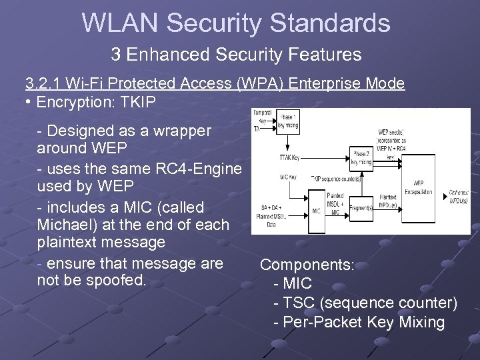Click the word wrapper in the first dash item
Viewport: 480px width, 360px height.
pos(177,131)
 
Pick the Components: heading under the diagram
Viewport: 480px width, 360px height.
pos(307,265)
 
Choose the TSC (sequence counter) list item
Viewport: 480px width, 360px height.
pos(365,303)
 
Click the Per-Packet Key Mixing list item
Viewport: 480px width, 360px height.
pos(359,323)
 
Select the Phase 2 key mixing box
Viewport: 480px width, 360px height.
pos(362,158)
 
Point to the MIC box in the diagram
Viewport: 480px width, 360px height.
pos(317,210)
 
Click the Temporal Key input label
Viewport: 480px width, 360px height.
pos(261,116)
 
